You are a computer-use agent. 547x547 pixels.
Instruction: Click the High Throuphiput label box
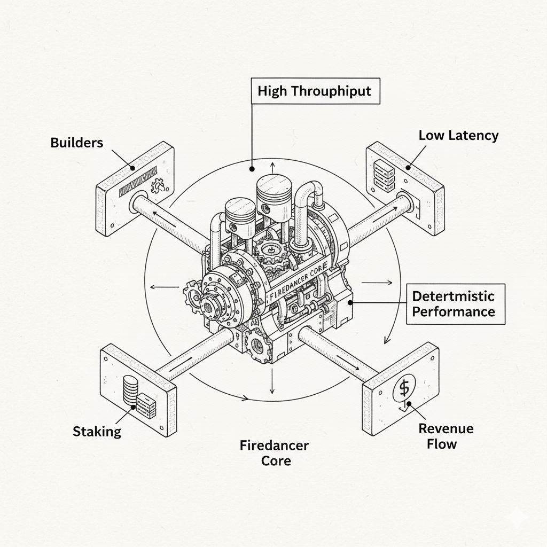coord(314,91)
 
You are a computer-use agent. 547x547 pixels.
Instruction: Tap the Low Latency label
coord(458,135)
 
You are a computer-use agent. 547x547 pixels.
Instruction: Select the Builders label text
coord(77,143)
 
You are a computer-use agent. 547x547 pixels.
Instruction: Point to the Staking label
coord(97,431)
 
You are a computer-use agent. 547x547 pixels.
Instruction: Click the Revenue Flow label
coord(446,435)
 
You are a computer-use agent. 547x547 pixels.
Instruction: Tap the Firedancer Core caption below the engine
coord(274,452)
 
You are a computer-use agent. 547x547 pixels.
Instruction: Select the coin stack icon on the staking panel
coord(129,390)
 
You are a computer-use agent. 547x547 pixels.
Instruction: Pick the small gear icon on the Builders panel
coord(158,186)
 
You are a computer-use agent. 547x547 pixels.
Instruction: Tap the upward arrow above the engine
coord(272,168)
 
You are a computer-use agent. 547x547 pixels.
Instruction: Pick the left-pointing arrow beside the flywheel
coord(164,287)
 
